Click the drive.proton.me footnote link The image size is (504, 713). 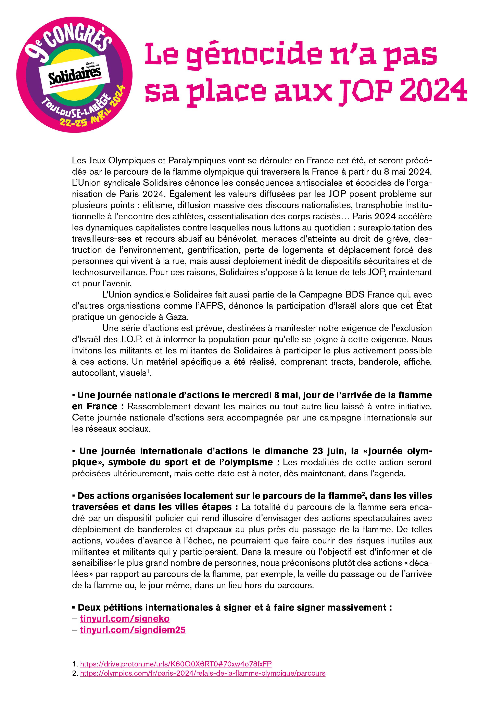click(x=176, y=664)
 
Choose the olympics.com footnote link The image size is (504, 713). click(x=202, y=673)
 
